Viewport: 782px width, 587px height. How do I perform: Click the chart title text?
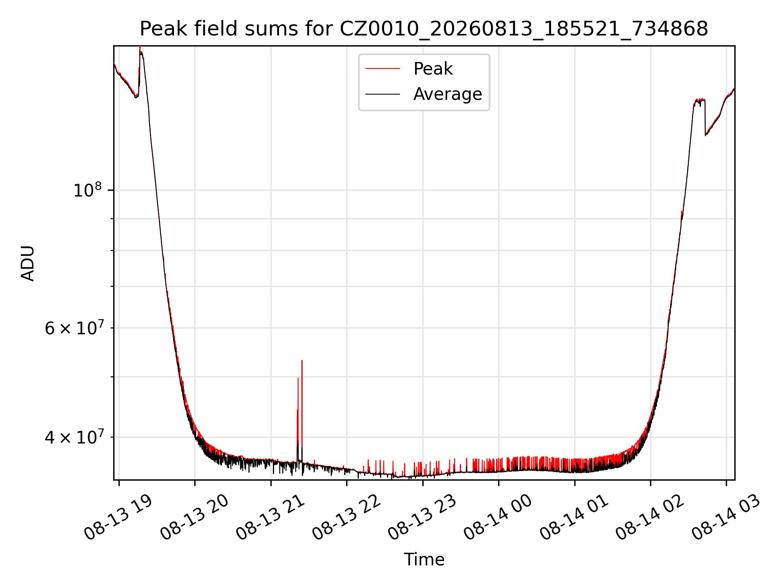pos(424,29)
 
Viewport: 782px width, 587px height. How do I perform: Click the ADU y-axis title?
pos(28,263)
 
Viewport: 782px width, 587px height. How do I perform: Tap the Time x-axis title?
pos(424,559)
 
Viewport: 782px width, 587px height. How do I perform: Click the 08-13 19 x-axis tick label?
pos(118,518)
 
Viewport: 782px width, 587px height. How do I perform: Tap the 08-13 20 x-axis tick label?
pos(194,518)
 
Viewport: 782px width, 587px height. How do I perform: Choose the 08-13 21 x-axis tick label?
pos(270,518)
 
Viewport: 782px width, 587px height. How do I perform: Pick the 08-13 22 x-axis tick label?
pos(346,518)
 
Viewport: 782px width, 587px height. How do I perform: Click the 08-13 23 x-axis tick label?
pos(422,518)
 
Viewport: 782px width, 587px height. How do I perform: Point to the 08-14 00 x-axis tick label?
pos(498,518)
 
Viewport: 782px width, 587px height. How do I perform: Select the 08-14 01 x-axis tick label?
pos(574,518)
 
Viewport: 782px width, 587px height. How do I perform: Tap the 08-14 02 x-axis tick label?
pos(650,518)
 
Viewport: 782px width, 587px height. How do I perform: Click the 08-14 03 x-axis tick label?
pos(726,518)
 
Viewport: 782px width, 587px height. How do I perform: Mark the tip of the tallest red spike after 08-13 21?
pos(302,360)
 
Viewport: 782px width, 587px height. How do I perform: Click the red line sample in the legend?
pos(382,69)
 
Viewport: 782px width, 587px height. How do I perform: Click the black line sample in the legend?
pos(382,94)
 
